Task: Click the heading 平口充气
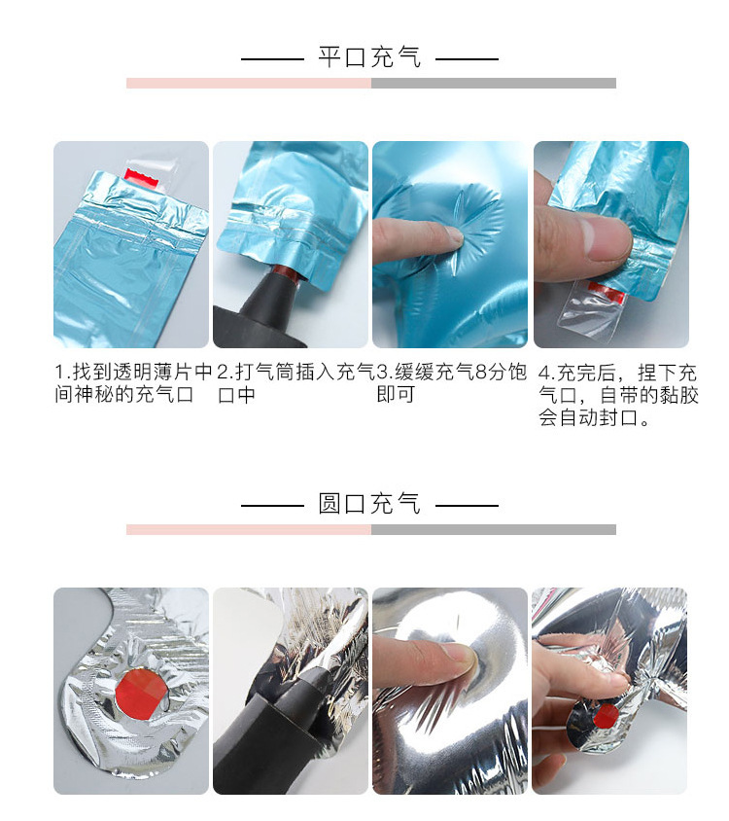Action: pos(369,57)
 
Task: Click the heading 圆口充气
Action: pos(369,504)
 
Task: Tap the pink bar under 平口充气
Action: pos(249,84)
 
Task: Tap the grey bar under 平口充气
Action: pos(493,84)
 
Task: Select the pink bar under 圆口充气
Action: pos(249,530)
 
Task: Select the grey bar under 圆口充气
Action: pos(493,530)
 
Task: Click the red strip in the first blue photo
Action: pos(141,176)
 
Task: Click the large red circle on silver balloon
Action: pos(135,694)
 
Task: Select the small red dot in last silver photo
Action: pos(605,718)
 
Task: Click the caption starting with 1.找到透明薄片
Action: pos(132,383)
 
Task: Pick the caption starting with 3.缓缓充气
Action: pos(451,383)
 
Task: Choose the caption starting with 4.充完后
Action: pos(618,396)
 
